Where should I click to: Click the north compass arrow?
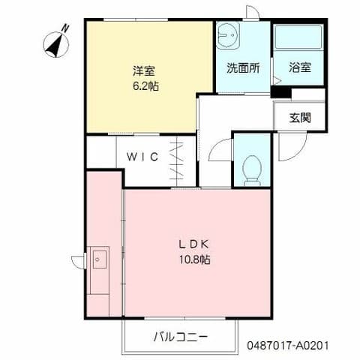coord(54,43)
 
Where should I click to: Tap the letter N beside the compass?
coord(65,28)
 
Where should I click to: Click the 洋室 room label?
coord(145,72)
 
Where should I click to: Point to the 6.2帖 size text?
coord(145,85)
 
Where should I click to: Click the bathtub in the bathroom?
coord(298,37)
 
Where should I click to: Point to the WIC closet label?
coord(141,157)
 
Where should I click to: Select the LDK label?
coord(196,244)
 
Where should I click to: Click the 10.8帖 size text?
coord(196,259)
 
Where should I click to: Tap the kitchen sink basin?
coord(99,259)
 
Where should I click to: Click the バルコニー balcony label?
coord(180,336)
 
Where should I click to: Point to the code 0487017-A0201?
coord(287,348)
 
